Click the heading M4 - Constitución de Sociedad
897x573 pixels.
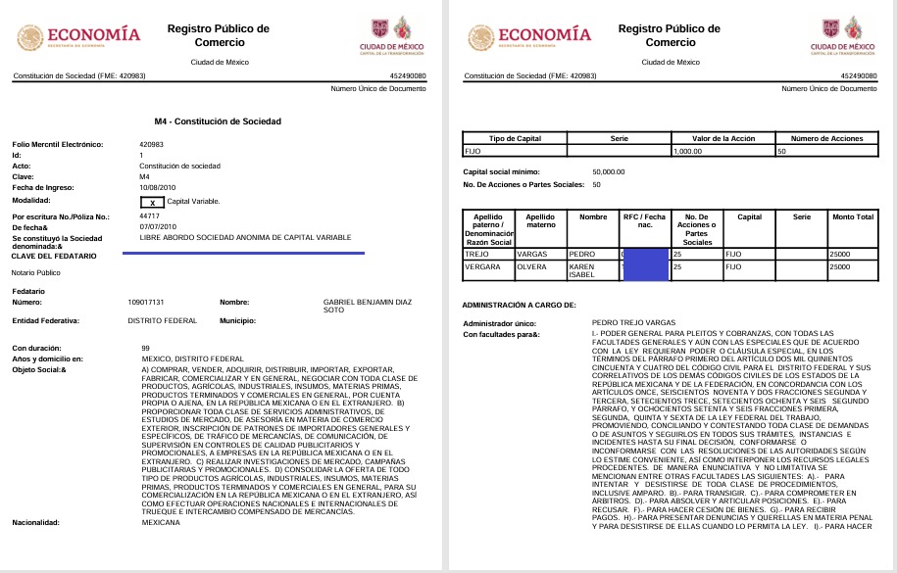click(x=212, y=121)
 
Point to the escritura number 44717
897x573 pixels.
click(x=150, y=215)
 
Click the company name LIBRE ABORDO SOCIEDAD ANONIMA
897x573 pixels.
click(x=245, y=237)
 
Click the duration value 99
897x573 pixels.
click(x=145, y=348)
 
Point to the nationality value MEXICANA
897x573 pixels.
click(x=161, y=523)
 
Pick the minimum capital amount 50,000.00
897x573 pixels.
click(x=609, y=171)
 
